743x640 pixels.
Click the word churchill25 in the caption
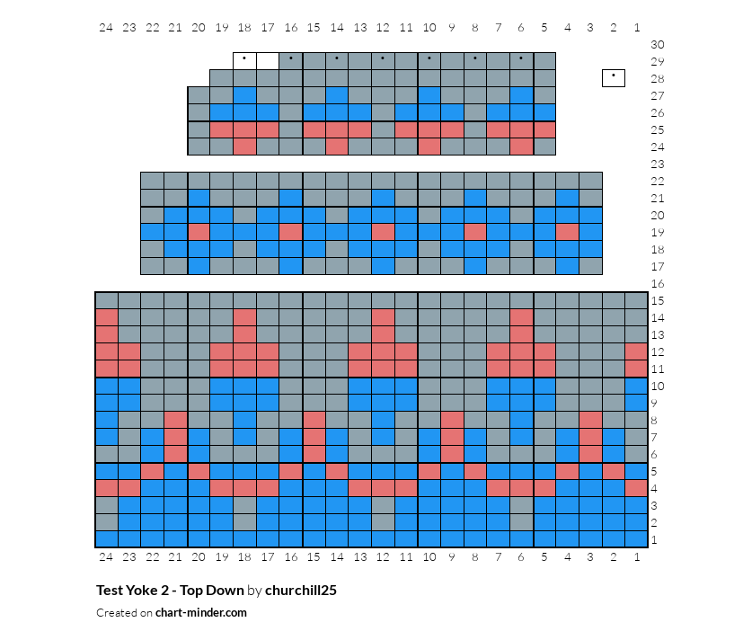tap(301, 591)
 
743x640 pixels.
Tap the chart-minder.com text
tap(201, 612)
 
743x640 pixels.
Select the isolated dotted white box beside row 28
tap(614, 78)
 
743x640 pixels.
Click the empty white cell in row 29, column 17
tap(268, 61)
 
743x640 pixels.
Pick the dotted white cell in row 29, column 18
tap(244, 61)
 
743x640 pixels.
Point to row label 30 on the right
tap(658, 45)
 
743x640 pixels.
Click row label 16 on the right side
tap(658, 283)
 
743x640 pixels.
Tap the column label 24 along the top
tap(106, 28)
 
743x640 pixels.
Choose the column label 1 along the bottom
tap(637, 557)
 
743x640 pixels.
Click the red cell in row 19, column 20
tap(199, 232)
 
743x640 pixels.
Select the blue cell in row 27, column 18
tap(244, 95)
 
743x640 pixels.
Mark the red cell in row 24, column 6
tap(521, 147)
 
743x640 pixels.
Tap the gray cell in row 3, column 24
tap(107, 505)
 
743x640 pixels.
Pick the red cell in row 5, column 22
tap(153, 471)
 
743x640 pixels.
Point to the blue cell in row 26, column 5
tap(544, 112)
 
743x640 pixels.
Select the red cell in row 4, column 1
tap(636, 488)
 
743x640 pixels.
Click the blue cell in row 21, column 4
tap(567, 198)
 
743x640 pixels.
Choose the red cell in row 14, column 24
tap(107, 317)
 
